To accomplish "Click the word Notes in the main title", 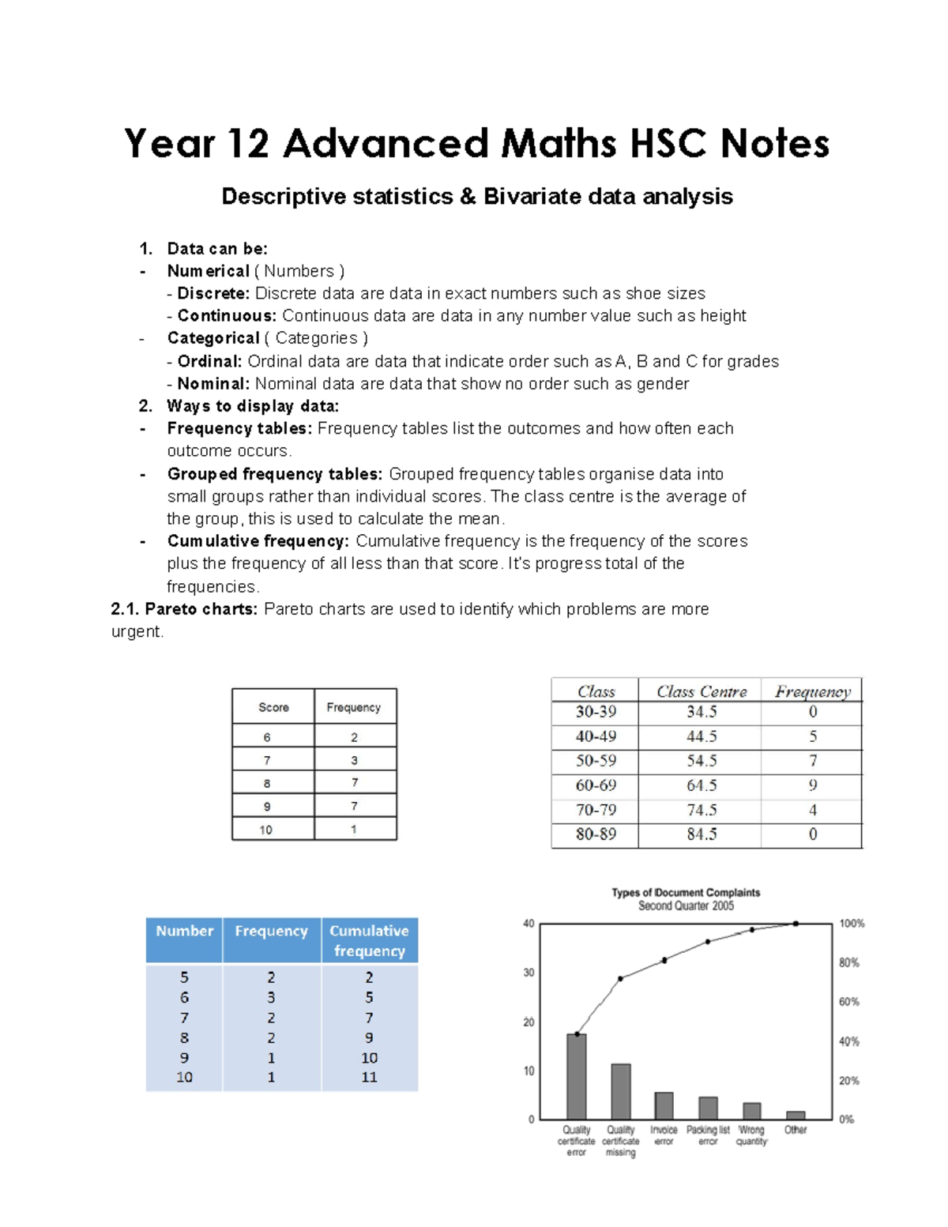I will click(774, 145).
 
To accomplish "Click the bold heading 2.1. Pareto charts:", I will click(184, 609).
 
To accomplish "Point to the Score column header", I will click(273, 707).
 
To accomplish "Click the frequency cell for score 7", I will click(354, 760).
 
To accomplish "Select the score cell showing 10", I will click(266, 830).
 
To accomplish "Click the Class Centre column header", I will click(701, 691).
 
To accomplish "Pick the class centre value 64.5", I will click(701, 785).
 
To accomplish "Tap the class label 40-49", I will click(595, 736).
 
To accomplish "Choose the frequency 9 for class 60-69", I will click(812, 785).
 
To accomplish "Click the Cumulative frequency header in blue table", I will click(369, 940).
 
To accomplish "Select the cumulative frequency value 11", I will click(369, 1077).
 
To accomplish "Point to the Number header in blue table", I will click(184, 931).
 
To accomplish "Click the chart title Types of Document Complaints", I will click(685, 893).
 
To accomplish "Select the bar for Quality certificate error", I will click(577, 1076).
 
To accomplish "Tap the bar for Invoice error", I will click(664, 1105).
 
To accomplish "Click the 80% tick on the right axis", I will click(848, 962).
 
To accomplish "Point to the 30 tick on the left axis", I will click(529, 973).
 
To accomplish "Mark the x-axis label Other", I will click(795, 1130).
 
